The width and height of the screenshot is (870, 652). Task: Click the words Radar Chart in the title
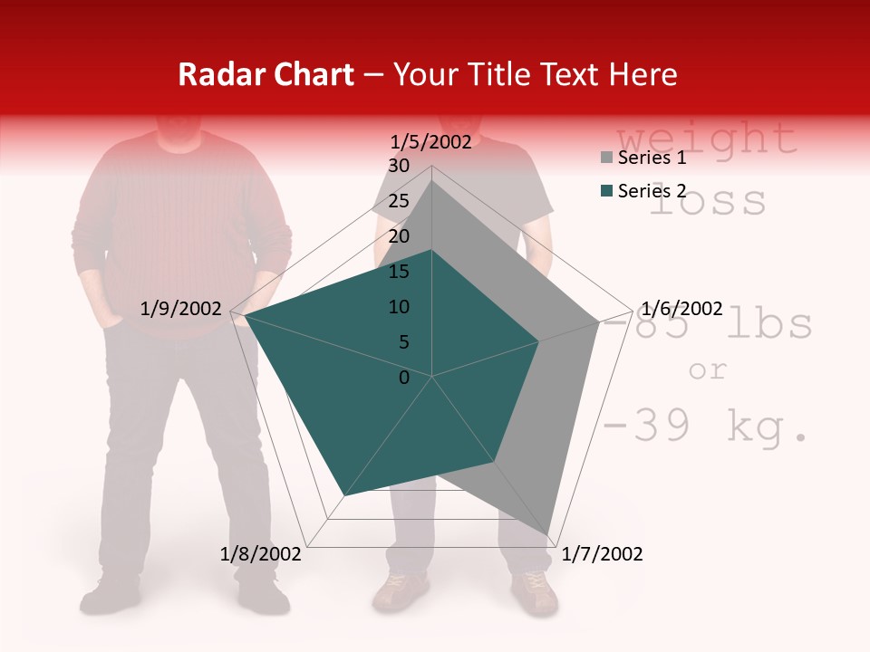pos(266,74)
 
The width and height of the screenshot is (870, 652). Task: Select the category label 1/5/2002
pos(431,141)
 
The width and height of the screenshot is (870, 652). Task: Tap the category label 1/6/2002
pos(681,309)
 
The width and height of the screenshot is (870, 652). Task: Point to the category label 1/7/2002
pos(602,554)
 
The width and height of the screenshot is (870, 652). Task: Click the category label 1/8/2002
pos(261,554)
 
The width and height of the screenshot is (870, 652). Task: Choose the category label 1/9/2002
pos(181,309)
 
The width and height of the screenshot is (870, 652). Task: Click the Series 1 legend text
pos(652,158)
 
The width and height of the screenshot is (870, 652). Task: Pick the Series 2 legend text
pos(652,191)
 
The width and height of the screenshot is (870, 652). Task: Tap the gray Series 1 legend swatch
pos(606,158)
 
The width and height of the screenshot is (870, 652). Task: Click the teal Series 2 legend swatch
pos(606,191)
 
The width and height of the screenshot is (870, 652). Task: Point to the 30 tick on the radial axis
pos(399,166)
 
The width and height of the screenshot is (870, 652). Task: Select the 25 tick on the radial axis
pos(399,201)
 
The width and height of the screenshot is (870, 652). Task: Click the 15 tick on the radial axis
pos(399,272)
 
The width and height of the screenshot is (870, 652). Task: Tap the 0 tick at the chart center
pos(404,377)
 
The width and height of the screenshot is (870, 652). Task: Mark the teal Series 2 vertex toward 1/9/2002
pos(245,316)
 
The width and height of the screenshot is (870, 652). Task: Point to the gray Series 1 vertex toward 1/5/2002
pos(432,180)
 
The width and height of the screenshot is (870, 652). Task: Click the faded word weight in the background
pos(707,139)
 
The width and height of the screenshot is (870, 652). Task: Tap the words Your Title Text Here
pos(536,74)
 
